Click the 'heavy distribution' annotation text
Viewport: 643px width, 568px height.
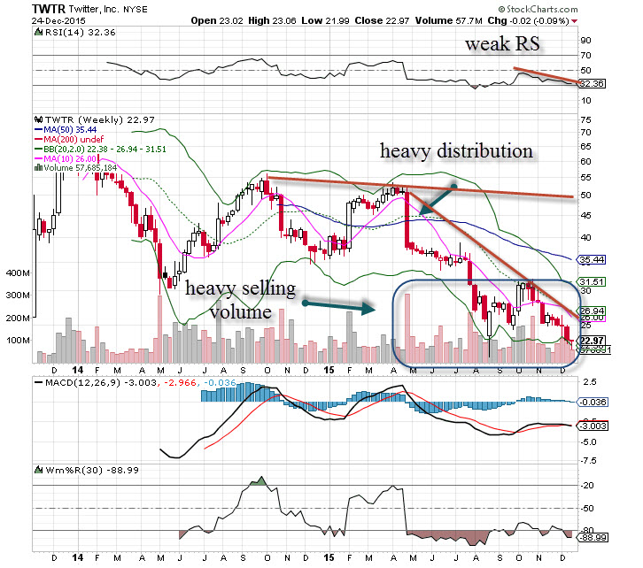coord(456,151)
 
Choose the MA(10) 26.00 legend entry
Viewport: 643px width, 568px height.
coord(60,157)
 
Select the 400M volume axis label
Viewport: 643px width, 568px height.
coord(16,274)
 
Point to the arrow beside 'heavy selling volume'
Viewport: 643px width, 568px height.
coord(336,306)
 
